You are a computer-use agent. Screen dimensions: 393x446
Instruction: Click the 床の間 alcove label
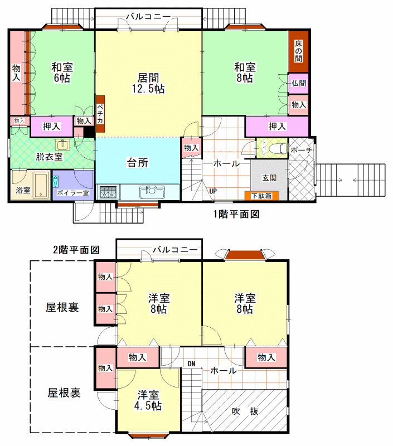click(x=298, y=51)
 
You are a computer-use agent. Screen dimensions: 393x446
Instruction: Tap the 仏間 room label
click(x=299, y=83)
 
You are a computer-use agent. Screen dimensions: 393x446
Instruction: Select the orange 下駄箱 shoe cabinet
click(x=261, y=196)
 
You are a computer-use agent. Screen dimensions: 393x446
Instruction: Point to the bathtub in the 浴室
click(x=42, y=186)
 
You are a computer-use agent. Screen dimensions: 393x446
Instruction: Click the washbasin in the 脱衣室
click(x=62, y=144)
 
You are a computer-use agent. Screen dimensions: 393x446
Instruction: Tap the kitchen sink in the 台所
click(x=152, y=192)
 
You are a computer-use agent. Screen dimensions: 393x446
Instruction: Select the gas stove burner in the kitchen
click(x=108, y=192)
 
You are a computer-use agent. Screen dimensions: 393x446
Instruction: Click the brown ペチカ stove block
click(x=100, y=114)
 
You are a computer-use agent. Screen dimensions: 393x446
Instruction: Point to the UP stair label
click(x=213, y=191)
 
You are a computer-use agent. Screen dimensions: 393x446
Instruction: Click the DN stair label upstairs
click(x=191, y=364)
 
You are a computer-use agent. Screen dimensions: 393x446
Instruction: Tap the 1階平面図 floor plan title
click(x=236, y=214)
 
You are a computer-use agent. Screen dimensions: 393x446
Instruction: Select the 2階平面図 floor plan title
click(x=76, y=250)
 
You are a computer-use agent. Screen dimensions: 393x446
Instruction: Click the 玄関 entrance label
click(x=269, y=178)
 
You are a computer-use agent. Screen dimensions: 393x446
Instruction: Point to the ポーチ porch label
click(x=301, y=150)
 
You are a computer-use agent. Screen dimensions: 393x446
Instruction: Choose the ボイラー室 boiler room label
click(x=73, y=192)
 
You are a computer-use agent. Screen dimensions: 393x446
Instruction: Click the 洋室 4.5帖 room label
click(x=148, y=400)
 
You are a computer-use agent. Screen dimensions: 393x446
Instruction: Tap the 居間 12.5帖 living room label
click(x=148, y=83)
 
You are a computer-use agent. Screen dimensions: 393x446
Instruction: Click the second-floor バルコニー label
click(x=175, y=250)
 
